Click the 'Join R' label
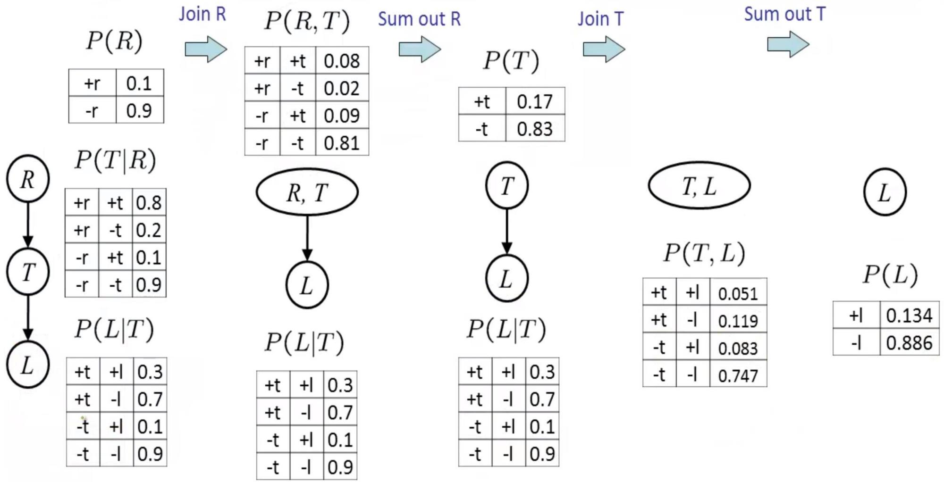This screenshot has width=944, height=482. pyautogui.click(x=202, y=14)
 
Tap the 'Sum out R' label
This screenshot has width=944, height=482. pyautogui.click(x=419, y=19)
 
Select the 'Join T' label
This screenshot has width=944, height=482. pyautogui.click(x=601, y=19)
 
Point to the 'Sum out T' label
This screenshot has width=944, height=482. pyautogui.click(x=784, y=14)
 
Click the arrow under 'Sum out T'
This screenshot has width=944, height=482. pyautogui.click(x=788, y=44)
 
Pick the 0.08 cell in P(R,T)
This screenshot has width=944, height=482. pyautogui.click(x=342, y=61)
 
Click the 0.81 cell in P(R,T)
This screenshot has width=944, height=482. pyautogui.click(x=342, y=143)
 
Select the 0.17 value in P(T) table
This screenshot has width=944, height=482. pyautogui.click(x=534, y=101)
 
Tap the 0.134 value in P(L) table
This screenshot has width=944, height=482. pyautogui.click(x=909, y=316)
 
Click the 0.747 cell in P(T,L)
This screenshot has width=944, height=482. pyautogui.click(x=738, y=376)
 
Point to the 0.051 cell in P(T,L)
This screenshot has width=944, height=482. pyautogui.click(x=738, y=294)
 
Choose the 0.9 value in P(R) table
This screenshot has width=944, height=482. pyautogui.click(x=139, y=111)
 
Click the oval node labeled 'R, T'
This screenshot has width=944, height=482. pyautogui.click(x=307, y=192)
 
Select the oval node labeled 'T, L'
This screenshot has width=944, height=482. pyautogui.click(x=699, y=186)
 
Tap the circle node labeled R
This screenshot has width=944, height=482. pyautogui.click(x=28, y=179)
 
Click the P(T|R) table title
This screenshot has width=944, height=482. pyautogui.click(x=115, y=160)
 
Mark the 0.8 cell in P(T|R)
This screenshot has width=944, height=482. pyautogui.click(x=149, y=203)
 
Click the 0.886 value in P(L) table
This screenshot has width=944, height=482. pyautogui.click(x=909, y=343)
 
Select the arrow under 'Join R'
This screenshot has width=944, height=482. pyautogui.click(x=206, y=49)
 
